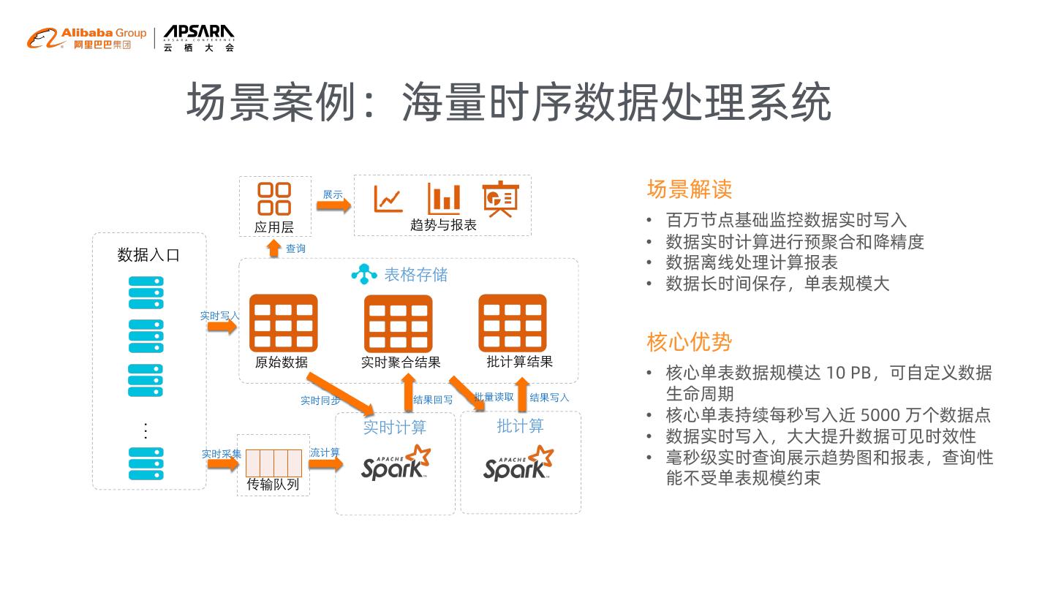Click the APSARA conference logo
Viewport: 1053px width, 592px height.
[199, 38]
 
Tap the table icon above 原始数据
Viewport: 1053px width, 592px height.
[284, 323]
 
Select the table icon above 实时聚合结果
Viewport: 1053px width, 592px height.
[399, 323]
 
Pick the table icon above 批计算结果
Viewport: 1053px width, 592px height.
[513, 323]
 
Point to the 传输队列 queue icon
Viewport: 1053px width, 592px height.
[273, 463]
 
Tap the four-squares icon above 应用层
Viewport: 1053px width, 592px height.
[274, 198]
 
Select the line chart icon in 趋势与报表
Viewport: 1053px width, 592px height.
[388, 199]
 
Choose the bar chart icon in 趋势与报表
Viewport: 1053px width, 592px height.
[444, 199]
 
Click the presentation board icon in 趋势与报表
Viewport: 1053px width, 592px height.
[500, 199]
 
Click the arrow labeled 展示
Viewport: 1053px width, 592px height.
[333, 206]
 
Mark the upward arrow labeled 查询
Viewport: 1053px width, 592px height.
[274, 248]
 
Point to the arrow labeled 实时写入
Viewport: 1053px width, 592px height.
[222, 326]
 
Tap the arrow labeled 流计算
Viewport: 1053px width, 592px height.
[325, 463]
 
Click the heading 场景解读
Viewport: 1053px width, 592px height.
[689, 189]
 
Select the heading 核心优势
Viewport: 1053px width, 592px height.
[689, 341]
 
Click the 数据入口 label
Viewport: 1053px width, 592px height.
[148, 255]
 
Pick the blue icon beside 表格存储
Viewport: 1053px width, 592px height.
[364, 274]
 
